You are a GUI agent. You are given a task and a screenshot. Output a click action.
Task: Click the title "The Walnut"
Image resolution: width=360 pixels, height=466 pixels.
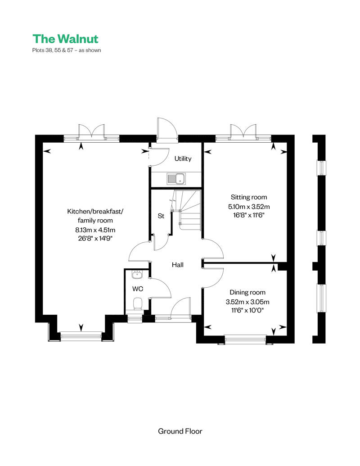click(x=65, y=39)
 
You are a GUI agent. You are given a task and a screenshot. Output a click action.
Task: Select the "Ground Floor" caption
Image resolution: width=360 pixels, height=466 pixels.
click(x=180, y=431)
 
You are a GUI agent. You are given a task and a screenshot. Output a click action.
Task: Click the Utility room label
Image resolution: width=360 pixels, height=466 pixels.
click(x=183, y=158)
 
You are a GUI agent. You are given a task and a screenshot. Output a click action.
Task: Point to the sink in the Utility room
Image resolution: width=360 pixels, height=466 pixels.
click(x=176, y=179)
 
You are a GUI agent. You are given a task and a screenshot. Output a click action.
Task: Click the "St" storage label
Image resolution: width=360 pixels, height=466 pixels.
click(x=161, y=216)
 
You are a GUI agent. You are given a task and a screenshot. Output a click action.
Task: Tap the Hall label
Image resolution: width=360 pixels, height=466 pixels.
click(x=178, y=265)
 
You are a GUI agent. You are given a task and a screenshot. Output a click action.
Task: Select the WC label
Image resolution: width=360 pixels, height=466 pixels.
click(x=138, y=289)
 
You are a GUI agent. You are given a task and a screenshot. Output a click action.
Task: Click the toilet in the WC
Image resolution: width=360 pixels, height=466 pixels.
click(x=137, y=304)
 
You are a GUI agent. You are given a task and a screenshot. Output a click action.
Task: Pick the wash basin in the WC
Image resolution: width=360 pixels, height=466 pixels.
click(x=137, y=274)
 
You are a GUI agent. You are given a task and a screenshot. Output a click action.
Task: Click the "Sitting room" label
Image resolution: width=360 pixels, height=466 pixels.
click(x=249, y=197)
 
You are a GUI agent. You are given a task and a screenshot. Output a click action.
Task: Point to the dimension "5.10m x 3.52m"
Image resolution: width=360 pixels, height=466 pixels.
click(x=249, y=207)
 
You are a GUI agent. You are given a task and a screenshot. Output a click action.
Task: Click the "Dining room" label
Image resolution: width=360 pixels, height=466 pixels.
click(x=247, y=293)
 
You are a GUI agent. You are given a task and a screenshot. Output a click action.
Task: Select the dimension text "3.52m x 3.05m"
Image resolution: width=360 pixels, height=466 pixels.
click(x=247, y=302)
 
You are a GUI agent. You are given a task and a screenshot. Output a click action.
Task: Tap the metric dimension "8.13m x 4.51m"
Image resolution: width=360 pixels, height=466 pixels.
click(x=95, y=230)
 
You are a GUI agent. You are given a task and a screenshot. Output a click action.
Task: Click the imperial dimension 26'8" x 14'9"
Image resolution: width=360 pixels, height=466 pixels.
click(x=95, y=238)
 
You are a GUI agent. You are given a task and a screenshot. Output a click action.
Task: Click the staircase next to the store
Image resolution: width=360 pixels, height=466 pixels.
click(x=187, y=210)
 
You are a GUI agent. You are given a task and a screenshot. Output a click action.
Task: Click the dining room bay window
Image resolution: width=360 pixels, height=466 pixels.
click(x=245, y=339)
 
